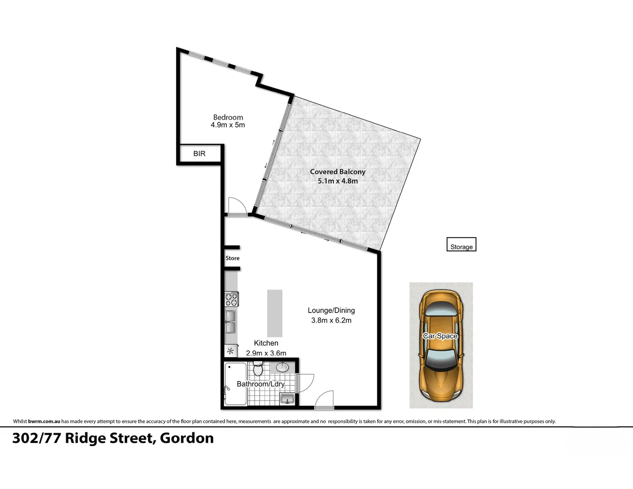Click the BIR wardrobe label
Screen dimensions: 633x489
coord(199,153)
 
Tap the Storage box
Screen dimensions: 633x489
coord(461,244)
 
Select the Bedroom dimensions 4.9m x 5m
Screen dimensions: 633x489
coord(228,125)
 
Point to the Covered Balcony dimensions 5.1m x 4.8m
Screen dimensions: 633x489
coord(338,181)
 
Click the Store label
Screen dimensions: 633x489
coord(232,258)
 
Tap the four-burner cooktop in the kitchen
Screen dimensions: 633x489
coord(231,299)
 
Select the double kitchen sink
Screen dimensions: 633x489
coord(231,321)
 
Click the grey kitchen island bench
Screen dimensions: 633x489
coord(275,313)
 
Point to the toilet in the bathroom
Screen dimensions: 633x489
coord(258,369)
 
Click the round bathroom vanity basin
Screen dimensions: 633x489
coord(282,368)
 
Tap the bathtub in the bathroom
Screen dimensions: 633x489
coord(235,384)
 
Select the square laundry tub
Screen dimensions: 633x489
coord(287,398)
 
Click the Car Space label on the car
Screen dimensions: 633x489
coord(441,336)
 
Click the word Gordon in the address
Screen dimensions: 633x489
coord(187,438)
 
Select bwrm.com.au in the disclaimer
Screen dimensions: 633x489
coord(44,421)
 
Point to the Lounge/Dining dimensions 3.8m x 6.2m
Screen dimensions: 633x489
coord(331,321)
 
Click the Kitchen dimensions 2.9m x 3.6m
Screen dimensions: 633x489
coord(266,353)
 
